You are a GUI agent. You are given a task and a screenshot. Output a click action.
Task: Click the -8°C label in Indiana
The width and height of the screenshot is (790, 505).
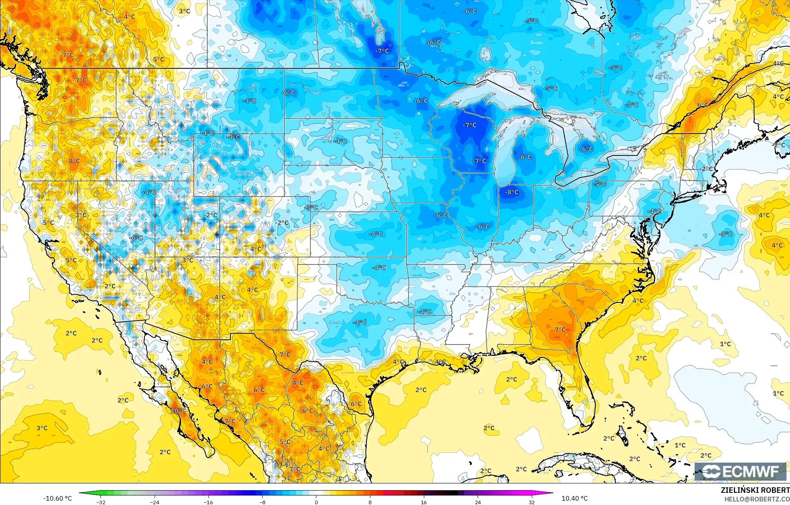coord(512,192)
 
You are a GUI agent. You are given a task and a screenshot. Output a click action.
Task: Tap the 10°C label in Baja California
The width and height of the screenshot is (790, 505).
coord(178,411)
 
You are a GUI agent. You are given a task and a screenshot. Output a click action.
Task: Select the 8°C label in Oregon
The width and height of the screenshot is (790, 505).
coord(74,161)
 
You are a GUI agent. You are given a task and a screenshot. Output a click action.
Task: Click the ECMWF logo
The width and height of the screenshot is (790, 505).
coord(742,471)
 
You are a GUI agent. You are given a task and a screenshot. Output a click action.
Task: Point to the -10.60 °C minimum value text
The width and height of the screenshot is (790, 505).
coord(58,498)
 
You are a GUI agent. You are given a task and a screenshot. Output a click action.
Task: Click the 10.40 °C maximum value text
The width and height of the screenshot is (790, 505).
coord(575,498)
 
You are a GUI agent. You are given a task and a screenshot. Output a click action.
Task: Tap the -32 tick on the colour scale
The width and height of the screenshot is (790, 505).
coord(101,502)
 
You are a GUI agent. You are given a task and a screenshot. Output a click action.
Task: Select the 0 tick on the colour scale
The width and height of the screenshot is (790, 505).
coord(316,502)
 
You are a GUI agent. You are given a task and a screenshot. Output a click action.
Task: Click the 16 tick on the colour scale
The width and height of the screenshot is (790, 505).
coord(423,502)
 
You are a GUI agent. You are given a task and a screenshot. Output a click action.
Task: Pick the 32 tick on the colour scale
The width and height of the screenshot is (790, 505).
coord(531,502)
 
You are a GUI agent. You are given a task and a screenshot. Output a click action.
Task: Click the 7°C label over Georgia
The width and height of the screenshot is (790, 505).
coord(560,330)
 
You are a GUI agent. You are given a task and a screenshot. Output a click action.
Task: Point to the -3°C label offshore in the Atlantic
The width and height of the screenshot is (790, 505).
coord(725,234)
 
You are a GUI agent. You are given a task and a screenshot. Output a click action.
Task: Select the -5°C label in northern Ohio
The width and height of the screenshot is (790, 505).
coord(599,184)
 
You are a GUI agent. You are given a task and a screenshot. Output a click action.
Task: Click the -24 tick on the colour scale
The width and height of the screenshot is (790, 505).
coord(155,502)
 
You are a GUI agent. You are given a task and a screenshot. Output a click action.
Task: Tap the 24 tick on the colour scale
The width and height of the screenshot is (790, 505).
coord(478,502)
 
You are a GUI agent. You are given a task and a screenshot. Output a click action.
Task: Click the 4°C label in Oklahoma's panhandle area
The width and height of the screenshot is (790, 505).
coord(255,249)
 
